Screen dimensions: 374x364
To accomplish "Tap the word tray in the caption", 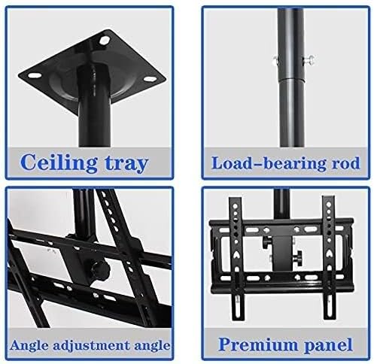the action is pos(127,163).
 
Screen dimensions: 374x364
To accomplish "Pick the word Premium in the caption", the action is pos(257,344).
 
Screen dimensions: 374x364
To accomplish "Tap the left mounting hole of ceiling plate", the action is pos(34,75).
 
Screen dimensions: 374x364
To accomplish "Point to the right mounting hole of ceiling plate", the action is pos(149,79).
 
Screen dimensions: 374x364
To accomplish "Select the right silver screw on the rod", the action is pos(309,59).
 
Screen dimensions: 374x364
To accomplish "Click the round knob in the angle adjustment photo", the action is pos(101,270).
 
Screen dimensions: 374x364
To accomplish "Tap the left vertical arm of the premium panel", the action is pos(236,258).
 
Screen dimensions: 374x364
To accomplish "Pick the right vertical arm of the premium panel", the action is pos(328,258).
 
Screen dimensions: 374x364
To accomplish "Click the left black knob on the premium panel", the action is pos(266,244).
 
